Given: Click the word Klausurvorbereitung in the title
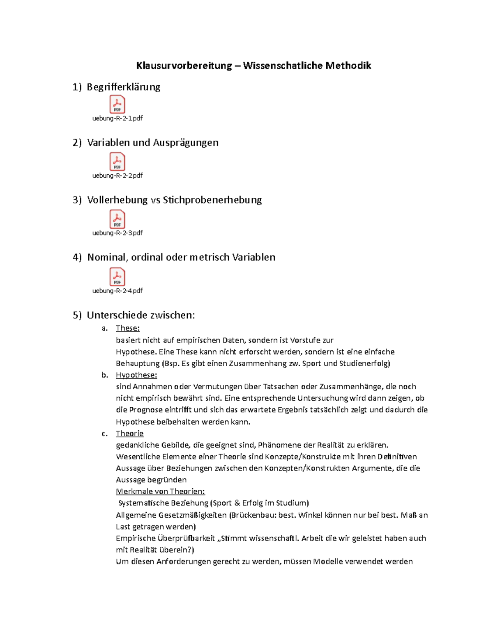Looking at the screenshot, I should click(184, 66).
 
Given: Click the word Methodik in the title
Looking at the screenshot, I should click(348, 66).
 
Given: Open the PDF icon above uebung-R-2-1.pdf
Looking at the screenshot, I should click(117, 104).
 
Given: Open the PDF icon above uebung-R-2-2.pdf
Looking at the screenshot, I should click(117, 162).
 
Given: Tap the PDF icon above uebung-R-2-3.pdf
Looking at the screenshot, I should click(117, 219).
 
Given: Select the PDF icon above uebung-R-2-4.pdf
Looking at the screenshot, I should click(117, 277).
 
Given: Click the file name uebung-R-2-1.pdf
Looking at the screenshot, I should click(117, 118).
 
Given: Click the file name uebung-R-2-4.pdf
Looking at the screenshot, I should click(117, 291).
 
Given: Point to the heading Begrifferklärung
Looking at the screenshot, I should click(123, 87).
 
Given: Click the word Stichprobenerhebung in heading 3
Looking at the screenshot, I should click(212, 200).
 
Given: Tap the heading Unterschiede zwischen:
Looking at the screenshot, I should click(141, 315).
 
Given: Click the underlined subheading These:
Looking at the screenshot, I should click(127, 328).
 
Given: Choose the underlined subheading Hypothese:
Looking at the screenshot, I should click(136, 375).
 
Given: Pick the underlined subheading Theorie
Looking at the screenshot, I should click(129, 434).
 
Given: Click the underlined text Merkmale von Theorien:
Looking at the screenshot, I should click(160, 491).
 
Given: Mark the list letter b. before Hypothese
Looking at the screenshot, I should click(105, 375).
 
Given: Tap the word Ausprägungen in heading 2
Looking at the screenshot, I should click(185, 142).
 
